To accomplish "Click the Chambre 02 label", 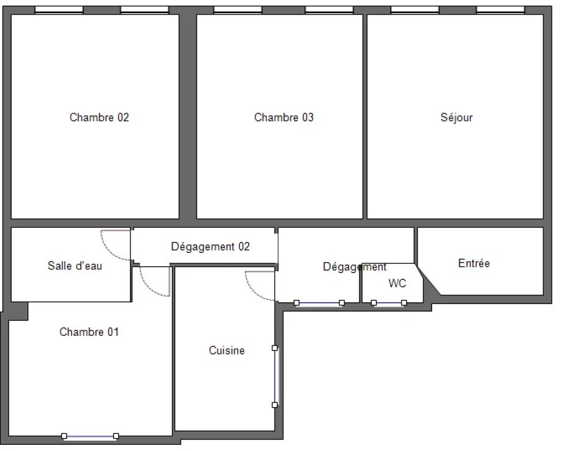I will pos(99,118).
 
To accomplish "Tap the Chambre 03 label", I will pos(284,118).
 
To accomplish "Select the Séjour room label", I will pos(457,118).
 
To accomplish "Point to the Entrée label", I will pos(474,264).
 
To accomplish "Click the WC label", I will pos(397,284).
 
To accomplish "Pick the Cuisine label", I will pos(226,350).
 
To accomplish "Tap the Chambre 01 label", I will pos(89,332).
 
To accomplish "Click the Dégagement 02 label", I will pos(210,247).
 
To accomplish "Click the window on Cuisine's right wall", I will pos(275,376).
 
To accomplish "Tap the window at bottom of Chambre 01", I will pos(90,436).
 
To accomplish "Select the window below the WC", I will pos(389,302).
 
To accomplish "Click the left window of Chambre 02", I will pos(59,10).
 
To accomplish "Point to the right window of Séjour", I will pos(501,10).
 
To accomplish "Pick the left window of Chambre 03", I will pos(237,10).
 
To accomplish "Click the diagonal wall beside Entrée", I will pos(428,279).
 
